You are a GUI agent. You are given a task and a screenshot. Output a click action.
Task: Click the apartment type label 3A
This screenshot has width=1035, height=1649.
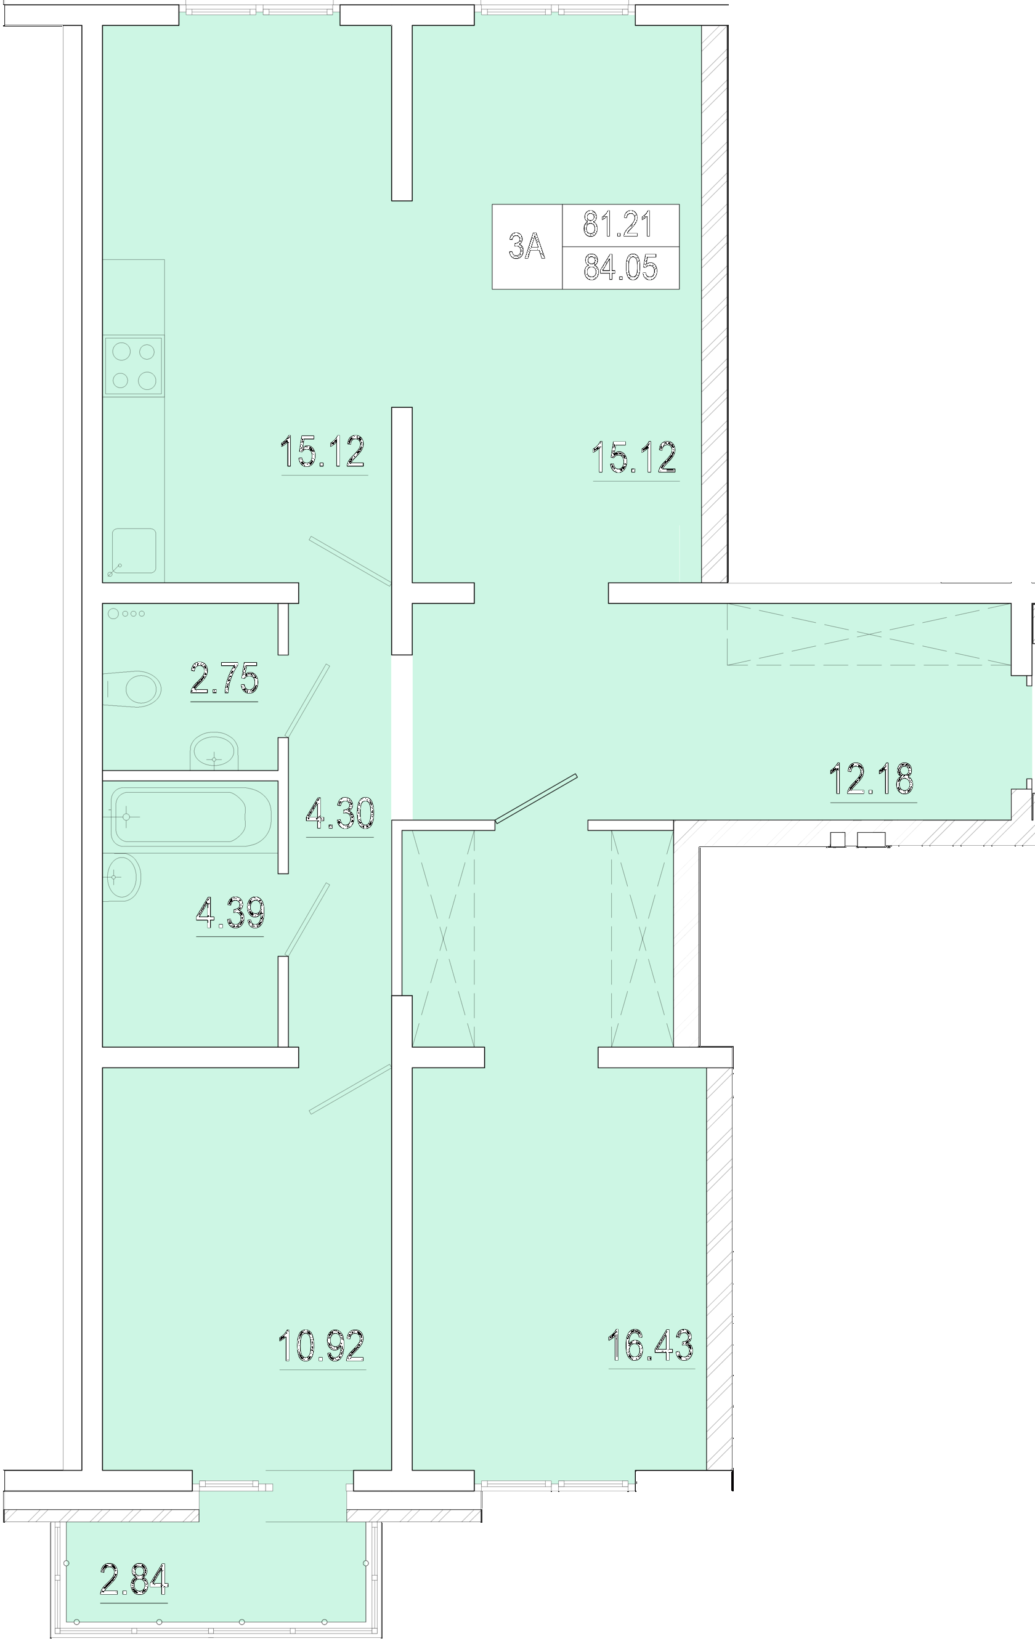(x=526, y=246)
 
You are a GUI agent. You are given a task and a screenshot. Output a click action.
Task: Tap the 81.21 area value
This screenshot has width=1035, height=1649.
(x=618, y=224)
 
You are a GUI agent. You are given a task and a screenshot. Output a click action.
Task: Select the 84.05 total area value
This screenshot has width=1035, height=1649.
(x=621, y=267)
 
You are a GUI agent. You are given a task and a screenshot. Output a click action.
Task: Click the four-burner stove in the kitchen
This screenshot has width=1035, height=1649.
(x=134, y=365)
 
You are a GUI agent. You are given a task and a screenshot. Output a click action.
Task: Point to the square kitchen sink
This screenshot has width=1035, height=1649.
(x=134, y=550)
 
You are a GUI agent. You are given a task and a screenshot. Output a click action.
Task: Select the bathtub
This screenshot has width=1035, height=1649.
(x=190, y=817)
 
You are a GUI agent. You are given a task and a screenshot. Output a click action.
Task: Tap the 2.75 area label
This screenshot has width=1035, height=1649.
(x=224, y=679)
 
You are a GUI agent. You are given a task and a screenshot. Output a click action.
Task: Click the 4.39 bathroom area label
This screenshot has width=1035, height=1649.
(x=230, y=913)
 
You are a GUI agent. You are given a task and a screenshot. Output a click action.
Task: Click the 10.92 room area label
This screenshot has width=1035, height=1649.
(x=322, y=1345)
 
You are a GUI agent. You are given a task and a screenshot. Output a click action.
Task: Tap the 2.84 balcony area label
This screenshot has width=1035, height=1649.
(x=134, y=1579)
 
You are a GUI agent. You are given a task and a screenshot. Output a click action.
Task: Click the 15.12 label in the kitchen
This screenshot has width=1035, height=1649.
(x=322, y=451)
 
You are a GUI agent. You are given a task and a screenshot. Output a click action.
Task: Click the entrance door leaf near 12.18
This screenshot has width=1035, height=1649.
(x=537, y=798)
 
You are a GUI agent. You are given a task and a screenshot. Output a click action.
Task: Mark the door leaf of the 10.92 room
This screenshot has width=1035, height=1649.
(x=351, y=1088)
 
